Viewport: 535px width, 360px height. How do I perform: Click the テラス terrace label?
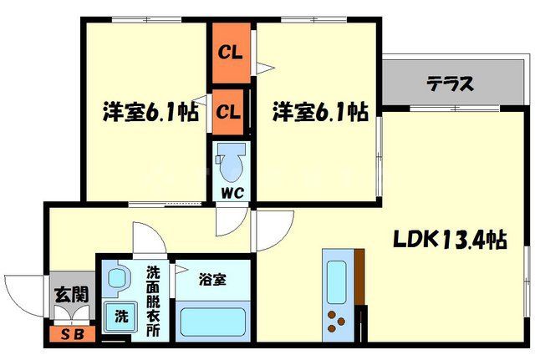pyautogui.click(x=451, y=84)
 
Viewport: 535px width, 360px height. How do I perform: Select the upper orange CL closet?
pyautogui.click(x=231, y=52)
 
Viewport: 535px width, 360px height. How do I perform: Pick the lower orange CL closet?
pyautogui.click(x=230, y=111)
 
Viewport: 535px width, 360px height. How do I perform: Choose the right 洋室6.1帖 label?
pyautogui.click(x=318, y=112)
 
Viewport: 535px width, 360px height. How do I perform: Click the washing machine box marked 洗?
pyautogui.click(x=120, y=317)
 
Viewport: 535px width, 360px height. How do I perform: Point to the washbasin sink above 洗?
pyautogui.click(x=118, y=277)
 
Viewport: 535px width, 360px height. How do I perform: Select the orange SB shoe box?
pyautogui.click(x=66, y=336)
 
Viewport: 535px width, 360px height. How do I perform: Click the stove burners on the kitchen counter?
pyautogui.click(x=338, y=321)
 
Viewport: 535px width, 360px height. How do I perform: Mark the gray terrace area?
pyautogui.click(x=451, y=84)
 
